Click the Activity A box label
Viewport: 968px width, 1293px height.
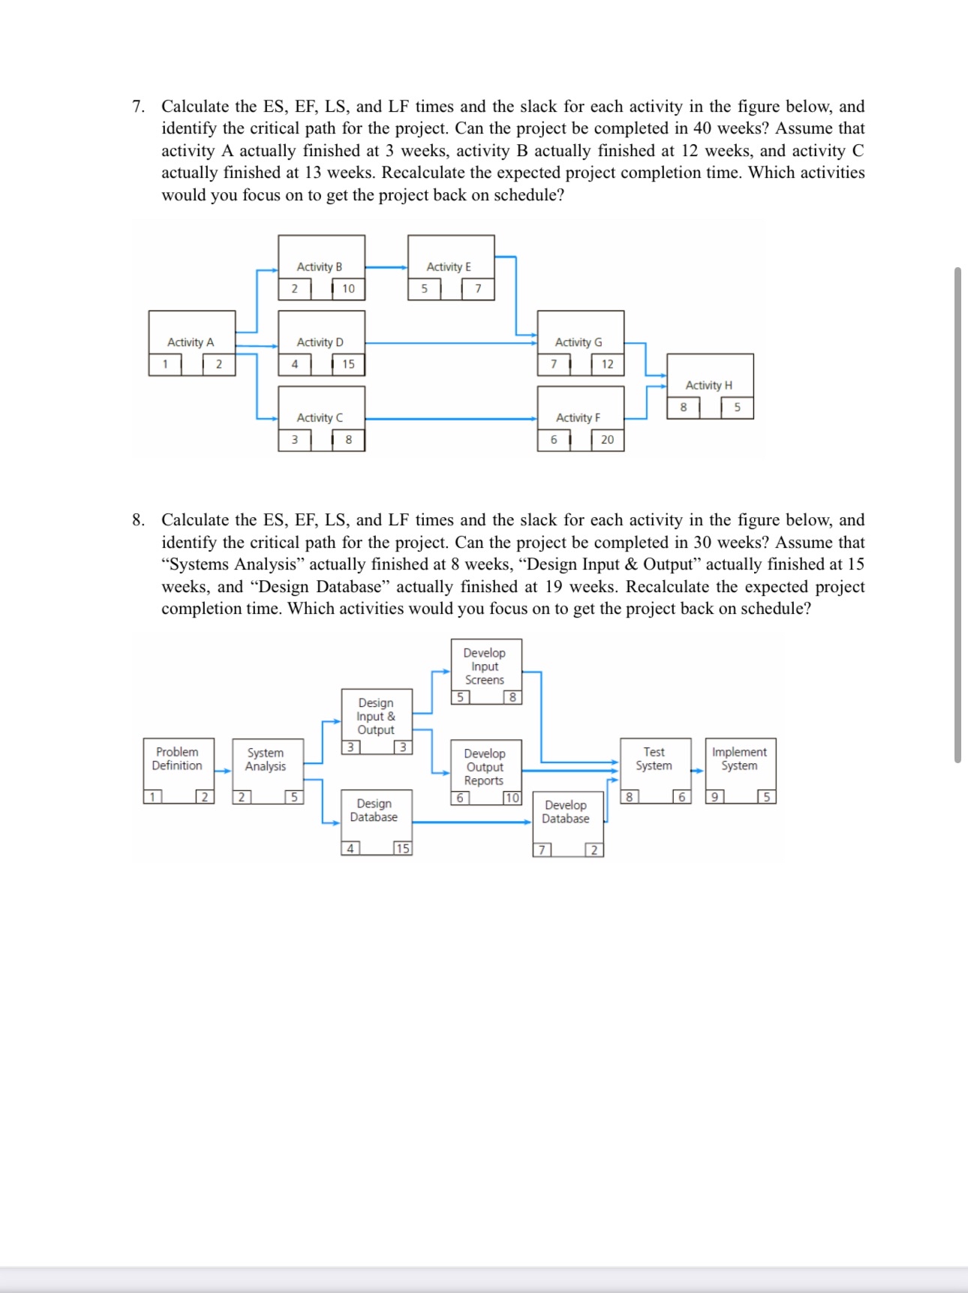click(191, 342)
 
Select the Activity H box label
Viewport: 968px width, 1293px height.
click(708, 385)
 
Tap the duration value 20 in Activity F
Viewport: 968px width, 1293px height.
click(607, 440)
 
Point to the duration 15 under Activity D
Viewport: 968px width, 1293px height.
click(348, 364)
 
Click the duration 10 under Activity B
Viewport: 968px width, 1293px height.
click(348, 288)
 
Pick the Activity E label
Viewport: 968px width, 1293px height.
click(449, 266)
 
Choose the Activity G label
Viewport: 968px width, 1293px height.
click(578, 342)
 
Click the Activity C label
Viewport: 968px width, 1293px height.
click(320, 417)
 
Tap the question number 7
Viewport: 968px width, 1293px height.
click(138, 107)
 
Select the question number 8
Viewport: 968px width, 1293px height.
click(138, 520)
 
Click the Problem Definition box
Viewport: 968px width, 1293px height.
click(178, 759)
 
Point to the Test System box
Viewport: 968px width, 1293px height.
click(654, 759)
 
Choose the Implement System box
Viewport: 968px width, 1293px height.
click(739, 759)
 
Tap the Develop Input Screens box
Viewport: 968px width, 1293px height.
click(485, 666)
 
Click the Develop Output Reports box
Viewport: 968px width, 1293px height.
click(485, 767)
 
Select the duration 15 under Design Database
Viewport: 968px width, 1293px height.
click(403, 849)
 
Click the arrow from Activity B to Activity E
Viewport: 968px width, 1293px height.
click(386, 267)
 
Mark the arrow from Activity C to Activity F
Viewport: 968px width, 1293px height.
click(450, 419)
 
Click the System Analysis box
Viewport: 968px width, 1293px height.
click(266, 759)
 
